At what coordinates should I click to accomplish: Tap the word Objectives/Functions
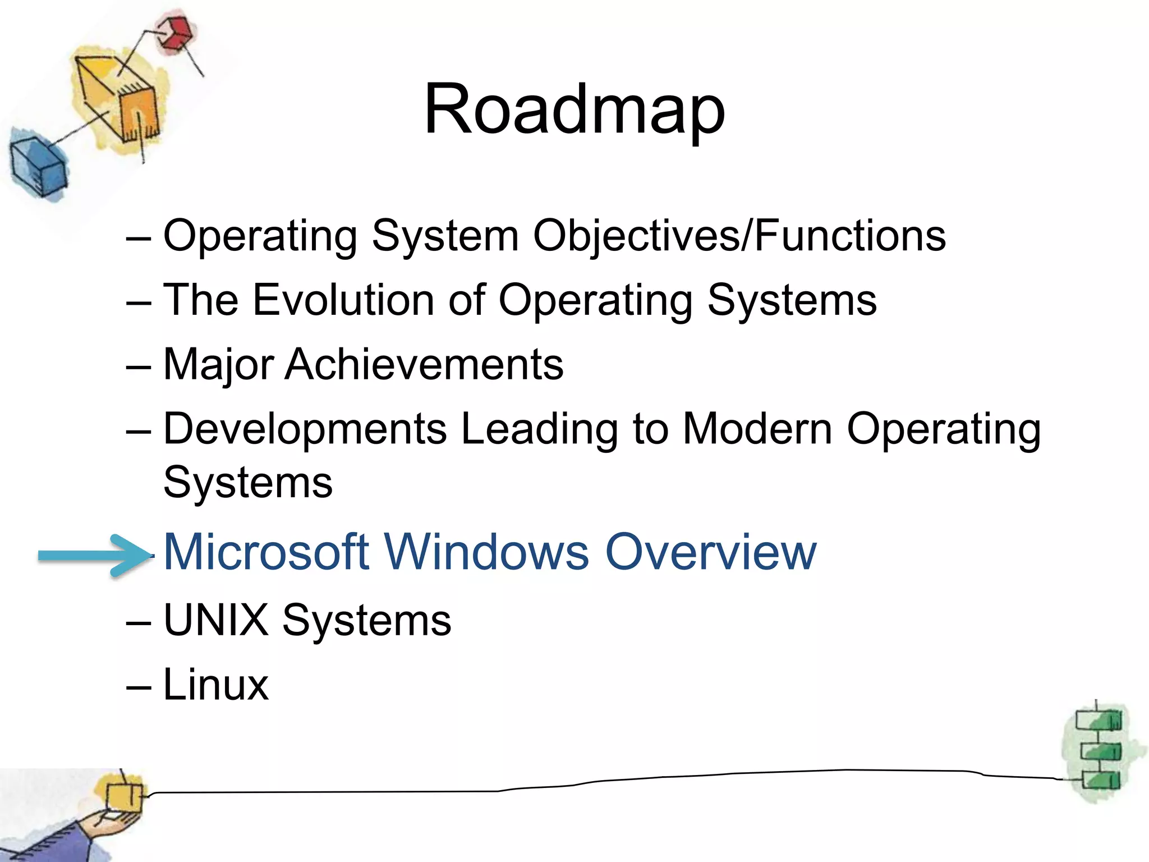pos(739,236)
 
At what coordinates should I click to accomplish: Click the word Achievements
pos(424,365)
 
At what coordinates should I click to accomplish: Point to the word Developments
pos(305,429)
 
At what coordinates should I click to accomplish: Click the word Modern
pos(757,429)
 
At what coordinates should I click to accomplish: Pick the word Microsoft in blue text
pos(266,552)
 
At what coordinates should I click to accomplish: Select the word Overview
pos(711,552)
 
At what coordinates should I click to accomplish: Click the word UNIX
pos(216,620)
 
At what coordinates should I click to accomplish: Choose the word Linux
pos(216,685)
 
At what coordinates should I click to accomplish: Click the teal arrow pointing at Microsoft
pos(93,555)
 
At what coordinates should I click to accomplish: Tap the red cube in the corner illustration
pos(176,33)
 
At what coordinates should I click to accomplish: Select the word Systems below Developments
pos(248,483)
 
